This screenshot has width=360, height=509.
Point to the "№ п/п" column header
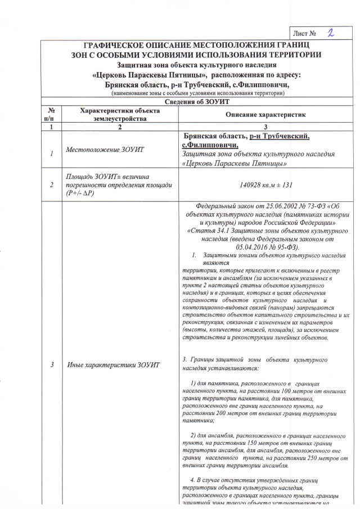(51, 115)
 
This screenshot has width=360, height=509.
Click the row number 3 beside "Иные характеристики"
(51, 365)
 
